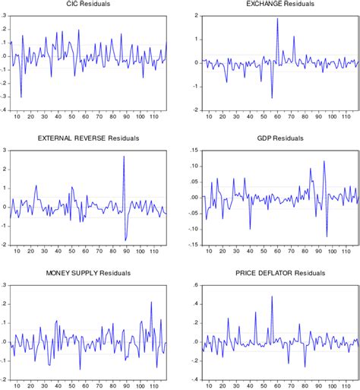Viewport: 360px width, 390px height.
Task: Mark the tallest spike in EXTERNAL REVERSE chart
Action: (124, 156)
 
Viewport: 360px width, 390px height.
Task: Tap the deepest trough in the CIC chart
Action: (21, 97)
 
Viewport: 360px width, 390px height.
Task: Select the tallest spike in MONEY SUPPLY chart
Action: (151, 302)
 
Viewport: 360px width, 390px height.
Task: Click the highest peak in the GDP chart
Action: (324, 160)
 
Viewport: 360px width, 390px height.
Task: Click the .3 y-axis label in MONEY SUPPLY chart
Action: (5, 285)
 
